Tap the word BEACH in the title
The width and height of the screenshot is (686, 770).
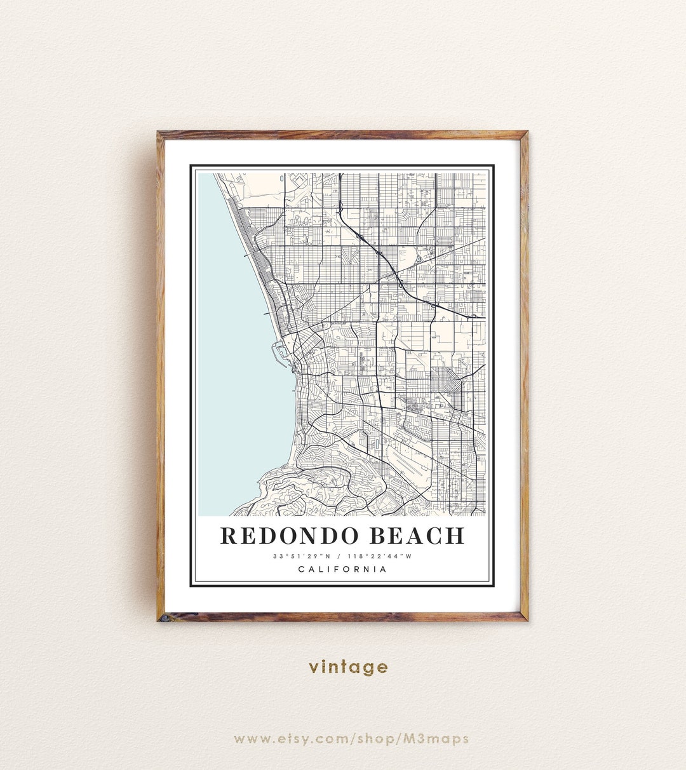(416, 536)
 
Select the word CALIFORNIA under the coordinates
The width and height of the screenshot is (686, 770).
(342, 569)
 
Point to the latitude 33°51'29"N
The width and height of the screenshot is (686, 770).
(302, 557)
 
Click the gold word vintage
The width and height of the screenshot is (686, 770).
(348, 667)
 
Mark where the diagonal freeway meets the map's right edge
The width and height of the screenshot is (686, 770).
(485, 316)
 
